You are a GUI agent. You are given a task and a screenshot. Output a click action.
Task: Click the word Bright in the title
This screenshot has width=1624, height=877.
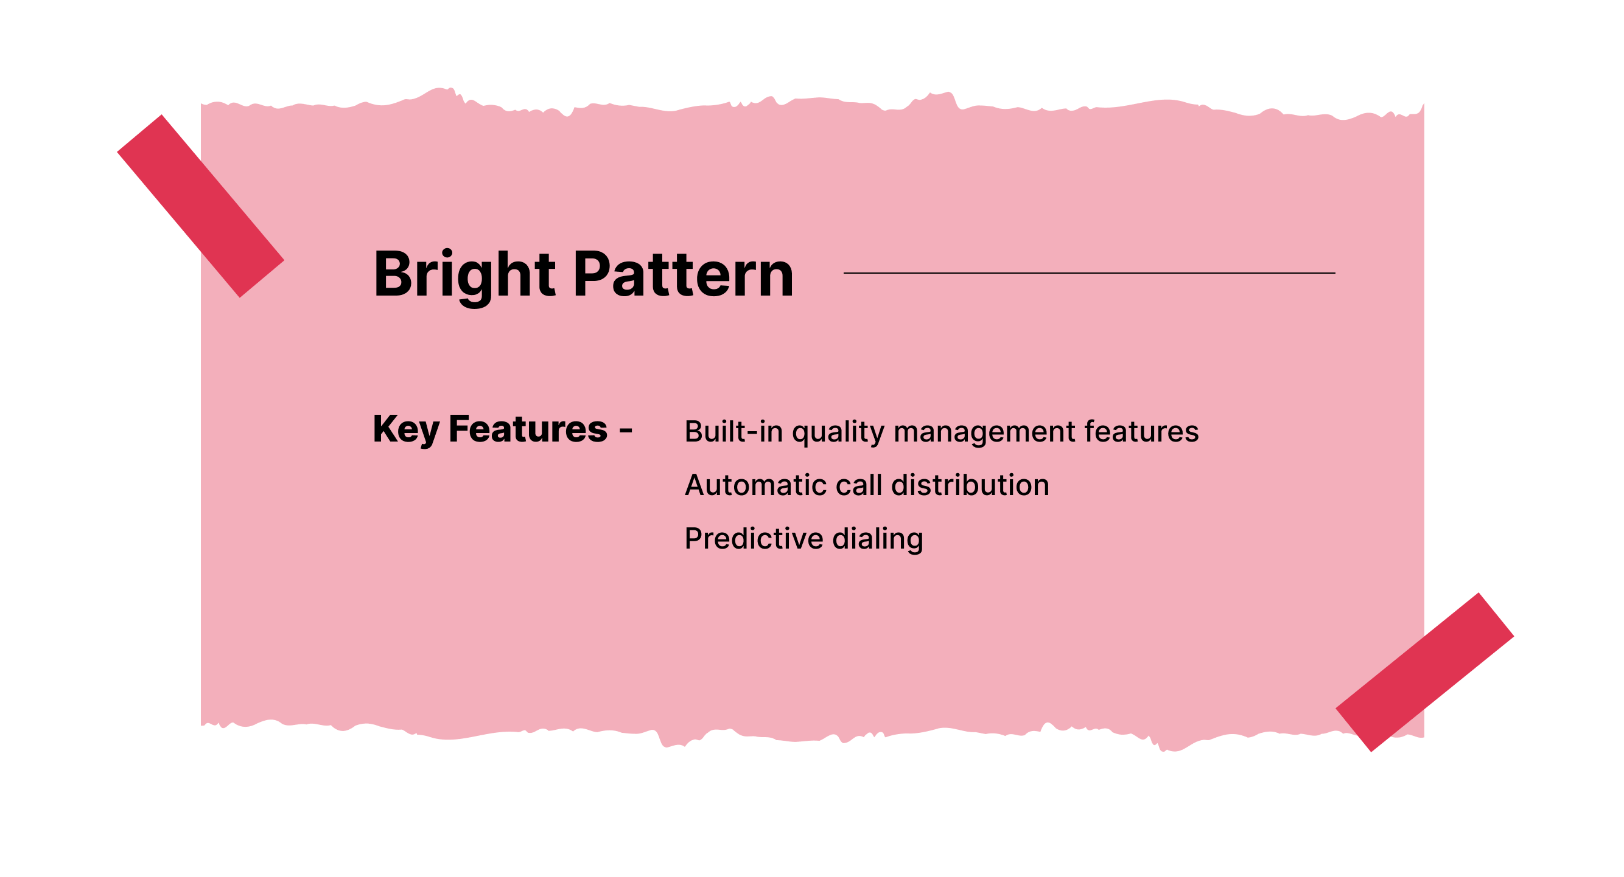click(464, 275)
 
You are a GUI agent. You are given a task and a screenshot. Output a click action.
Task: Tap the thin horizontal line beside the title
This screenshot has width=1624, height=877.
click(1089, 273)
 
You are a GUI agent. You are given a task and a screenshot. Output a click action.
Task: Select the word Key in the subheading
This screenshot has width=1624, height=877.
click(405, 429)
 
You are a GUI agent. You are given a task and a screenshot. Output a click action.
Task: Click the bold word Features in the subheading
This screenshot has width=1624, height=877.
click(528, 429)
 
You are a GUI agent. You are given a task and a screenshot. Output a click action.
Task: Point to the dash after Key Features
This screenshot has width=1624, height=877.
click(625, 431)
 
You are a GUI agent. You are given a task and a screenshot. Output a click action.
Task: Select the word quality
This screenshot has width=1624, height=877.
click(838, 433)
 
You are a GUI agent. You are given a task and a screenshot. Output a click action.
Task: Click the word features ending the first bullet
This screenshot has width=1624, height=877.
click(1141, 432)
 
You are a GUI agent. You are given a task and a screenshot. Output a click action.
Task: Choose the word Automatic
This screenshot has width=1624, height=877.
click(754, 485)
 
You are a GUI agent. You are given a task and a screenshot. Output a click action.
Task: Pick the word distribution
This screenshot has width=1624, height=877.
click(970, 485)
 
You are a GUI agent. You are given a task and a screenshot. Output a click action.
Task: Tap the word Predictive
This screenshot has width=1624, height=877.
click(754, 539)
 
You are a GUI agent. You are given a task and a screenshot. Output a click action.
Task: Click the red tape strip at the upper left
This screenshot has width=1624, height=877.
click(200, 206)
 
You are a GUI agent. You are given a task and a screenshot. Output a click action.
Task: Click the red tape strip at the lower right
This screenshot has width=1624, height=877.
click(1424, 671)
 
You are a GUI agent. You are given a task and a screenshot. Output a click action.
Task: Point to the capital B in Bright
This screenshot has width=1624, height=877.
click(393, 275)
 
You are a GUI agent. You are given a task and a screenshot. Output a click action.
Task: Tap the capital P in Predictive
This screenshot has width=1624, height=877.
click(694, 539)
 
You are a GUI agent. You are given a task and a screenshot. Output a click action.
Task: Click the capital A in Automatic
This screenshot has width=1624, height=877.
click(696, 485)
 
